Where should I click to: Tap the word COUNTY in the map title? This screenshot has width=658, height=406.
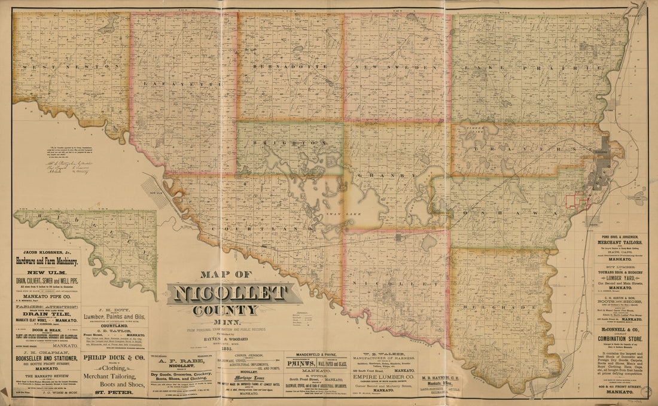point(226,310)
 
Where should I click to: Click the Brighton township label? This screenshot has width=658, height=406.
point(290,144)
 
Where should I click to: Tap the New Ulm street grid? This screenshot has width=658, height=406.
point(157,191)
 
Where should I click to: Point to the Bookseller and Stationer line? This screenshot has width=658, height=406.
point(46,360)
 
